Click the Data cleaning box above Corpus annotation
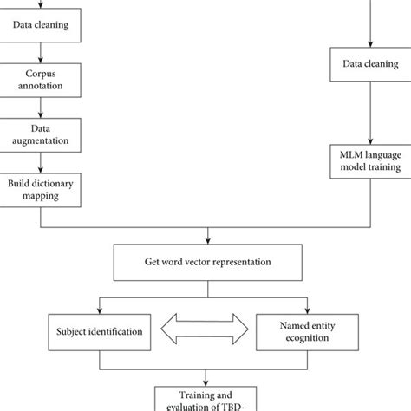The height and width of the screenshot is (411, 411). [42, 25]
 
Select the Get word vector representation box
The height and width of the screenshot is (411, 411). [205, 262]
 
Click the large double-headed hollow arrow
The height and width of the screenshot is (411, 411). [205, 329]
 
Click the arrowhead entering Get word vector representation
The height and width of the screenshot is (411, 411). [205, 240]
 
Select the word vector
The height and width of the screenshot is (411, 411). [208, 262]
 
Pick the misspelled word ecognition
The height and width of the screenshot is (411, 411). [312, 336]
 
